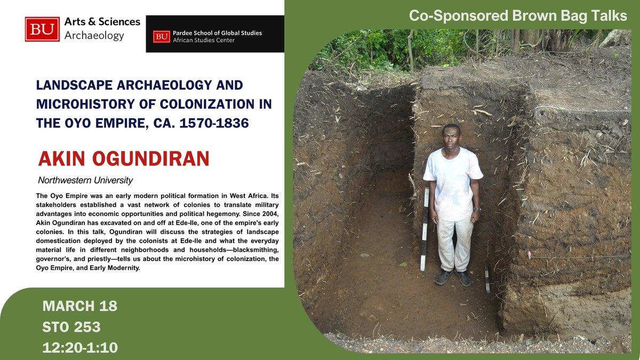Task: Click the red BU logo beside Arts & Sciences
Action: coord(42,29)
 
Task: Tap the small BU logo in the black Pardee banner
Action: coord(161,36)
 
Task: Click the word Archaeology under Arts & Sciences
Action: coord(94,36)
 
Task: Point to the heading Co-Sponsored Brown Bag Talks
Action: coord(518,15)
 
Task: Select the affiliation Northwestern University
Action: coord(85,180)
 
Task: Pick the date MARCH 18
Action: coord(80,307)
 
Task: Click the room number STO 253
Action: coord(71,327)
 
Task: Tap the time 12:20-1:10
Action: coord(80,348)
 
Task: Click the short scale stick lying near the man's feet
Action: coord(487,278)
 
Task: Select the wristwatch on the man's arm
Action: coord(476,210)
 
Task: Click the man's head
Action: coord(452,137)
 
